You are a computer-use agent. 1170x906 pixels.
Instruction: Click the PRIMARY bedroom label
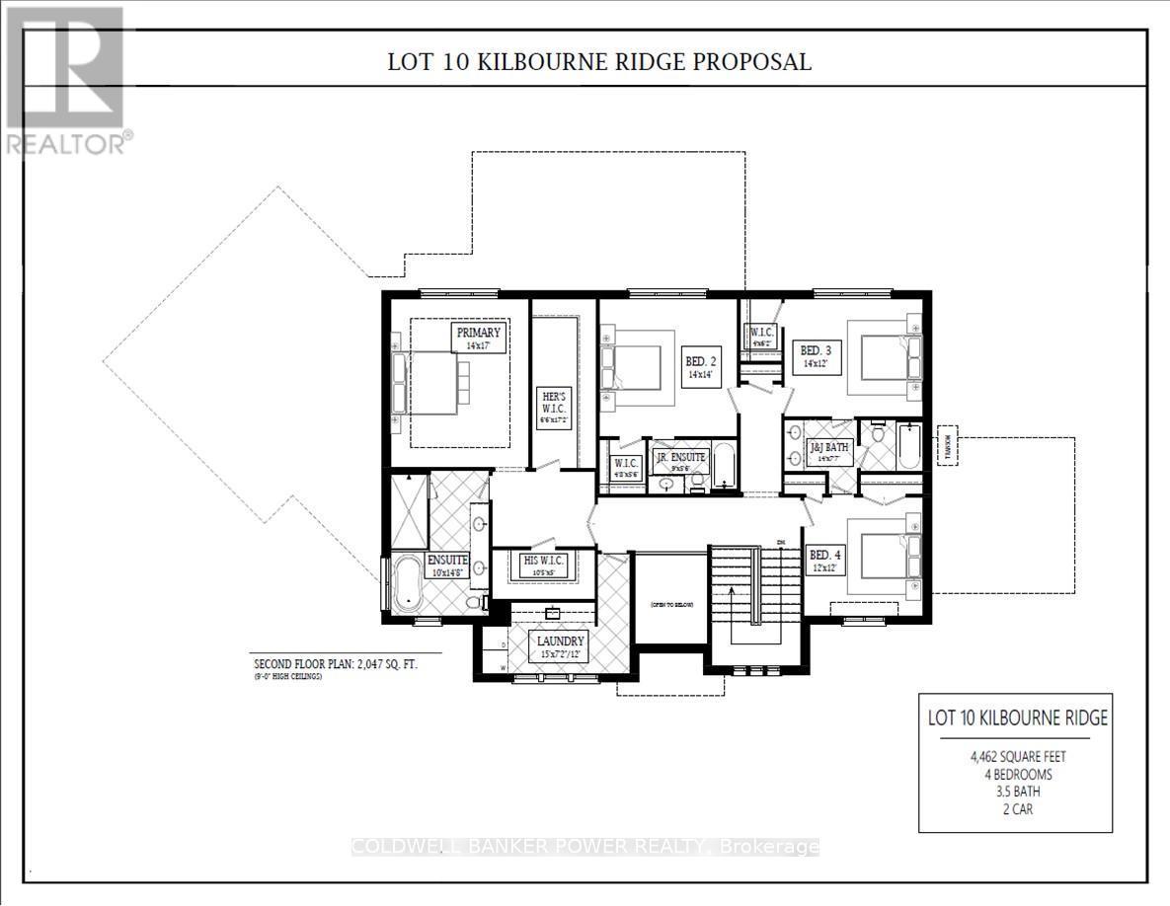click(479, 339)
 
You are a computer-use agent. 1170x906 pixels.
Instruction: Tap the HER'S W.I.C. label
click(551, 405)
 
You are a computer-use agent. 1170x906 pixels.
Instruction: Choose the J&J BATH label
click(828, 451)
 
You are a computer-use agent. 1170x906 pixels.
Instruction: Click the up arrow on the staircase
click(731, 596)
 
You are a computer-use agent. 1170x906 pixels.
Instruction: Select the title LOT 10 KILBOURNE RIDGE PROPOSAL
click(599, 62)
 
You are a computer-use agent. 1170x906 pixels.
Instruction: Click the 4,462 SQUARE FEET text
click(1017, 758)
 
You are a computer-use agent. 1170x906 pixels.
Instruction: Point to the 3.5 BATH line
click(1018, 792)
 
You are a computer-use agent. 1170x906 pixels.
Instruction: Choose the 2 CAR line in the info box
click(1018, 808)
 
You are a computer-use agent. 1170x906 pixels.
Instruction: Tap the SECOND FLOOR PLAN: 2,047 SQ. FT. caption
click(336, 664)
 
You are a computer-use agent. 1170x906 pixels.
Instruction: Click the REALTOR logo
click(67, 80)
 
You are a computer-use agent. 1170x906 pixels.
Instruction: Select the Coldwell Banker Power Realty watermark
click(585, 847)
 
